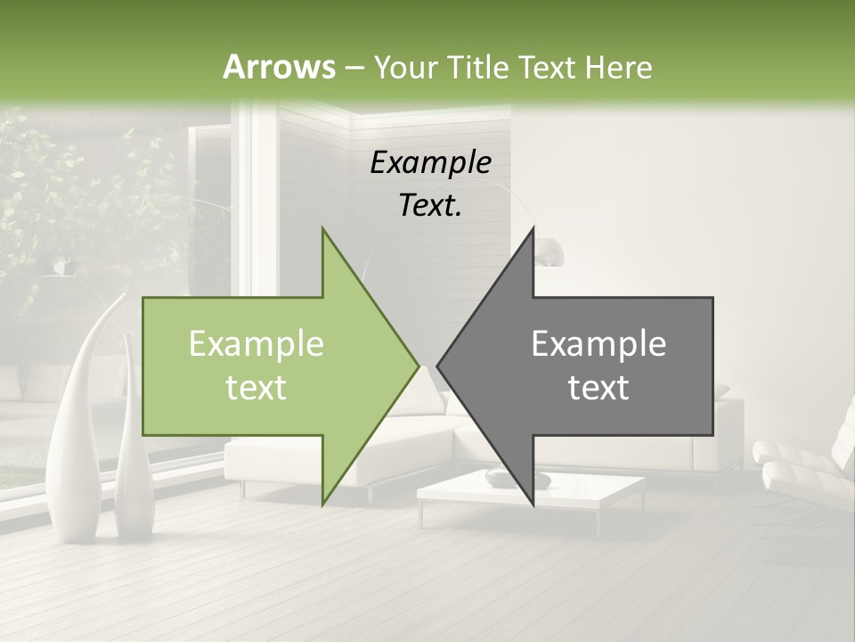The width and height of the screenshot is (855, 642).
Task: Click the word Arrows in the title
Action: [x=280, y=67]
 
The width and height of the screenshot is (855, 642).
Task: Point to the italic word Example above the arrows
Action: [x=430, y=163]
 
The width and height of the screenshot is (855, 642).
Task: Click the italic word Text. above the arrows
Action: [x=430, y=206]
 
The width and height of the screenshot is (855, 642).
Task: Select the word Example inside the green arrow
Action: [x=256, y=344]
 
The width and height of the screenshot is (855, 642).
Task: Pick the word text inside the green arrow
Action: [x=256, y=388]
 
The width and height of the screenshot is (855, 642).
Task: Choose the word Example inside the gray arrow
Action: [x=598, y=344]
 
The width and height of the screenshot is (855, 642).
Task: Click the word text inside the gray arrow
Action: [x=598, y=388]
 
